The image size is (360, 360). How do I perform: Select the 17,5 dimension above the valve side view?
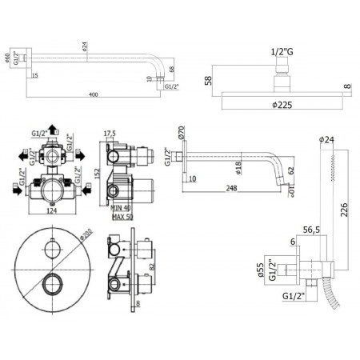(x=110, y=134)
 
